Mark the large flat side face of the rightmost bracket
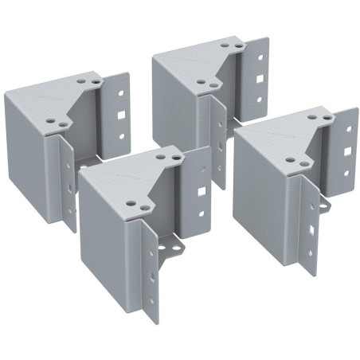[x=263, y=191]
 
